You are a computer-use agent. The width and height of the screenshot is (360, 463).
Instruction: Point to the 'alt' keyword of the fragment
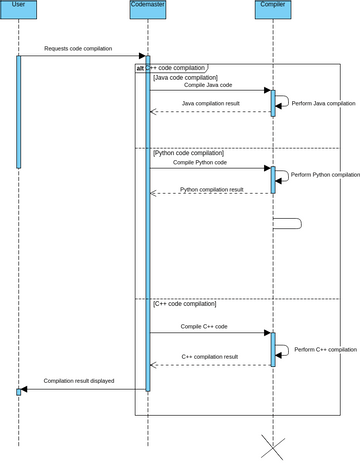(x=140, y=68)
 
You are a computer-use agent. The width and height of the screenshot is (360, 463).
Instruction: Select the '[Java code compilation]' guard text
(x=185, y=77)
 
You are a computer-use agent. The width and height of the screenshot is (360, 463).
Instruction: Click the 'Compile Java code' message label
(x=207, y=85)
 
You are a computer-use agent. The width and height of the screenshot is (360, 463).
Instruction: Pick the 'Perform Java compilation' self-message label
(x=322, y=103)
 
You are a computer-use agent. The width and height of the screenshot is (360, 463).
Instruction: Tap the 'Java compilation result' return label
(x=210, y=103)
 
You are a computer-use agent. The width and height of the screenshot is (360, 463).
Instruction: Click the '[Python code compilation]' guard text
(x=188, y=153)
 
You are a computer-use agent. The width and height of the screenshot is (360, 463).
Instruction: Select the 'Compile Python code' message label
(x=208, y=162)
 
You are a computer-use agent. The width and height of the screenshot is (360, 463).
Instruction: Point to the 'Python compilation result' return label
(x=211, y=189)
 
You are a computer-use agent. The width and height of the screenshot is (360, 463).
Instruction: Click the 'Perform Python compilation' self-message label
(x=325, y=174)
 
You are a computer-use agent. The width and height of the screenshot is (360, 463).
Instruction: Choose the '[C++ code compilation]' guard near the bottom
(x=184, y=303)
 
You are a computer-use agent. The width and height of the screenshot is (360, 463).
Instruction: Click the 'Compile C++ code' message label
(x=204, y=326)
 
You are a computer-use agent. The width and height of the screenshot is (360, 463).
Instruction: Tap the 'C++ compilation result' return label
(x=209, y=356)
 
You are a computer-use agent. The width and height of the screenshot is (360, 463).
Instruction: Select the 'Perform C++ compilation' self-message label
(x=323, y=350)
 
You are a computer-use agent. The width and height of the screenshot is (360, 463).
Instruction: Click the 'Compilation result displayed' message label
(x=78, y=381)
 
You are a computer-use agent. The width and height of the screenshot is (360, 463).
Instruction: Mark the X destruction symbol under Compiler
(x=272, y=447)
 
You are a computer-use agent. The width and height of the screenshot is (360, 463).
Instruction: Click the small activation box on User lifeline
(x=18, y=391)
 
